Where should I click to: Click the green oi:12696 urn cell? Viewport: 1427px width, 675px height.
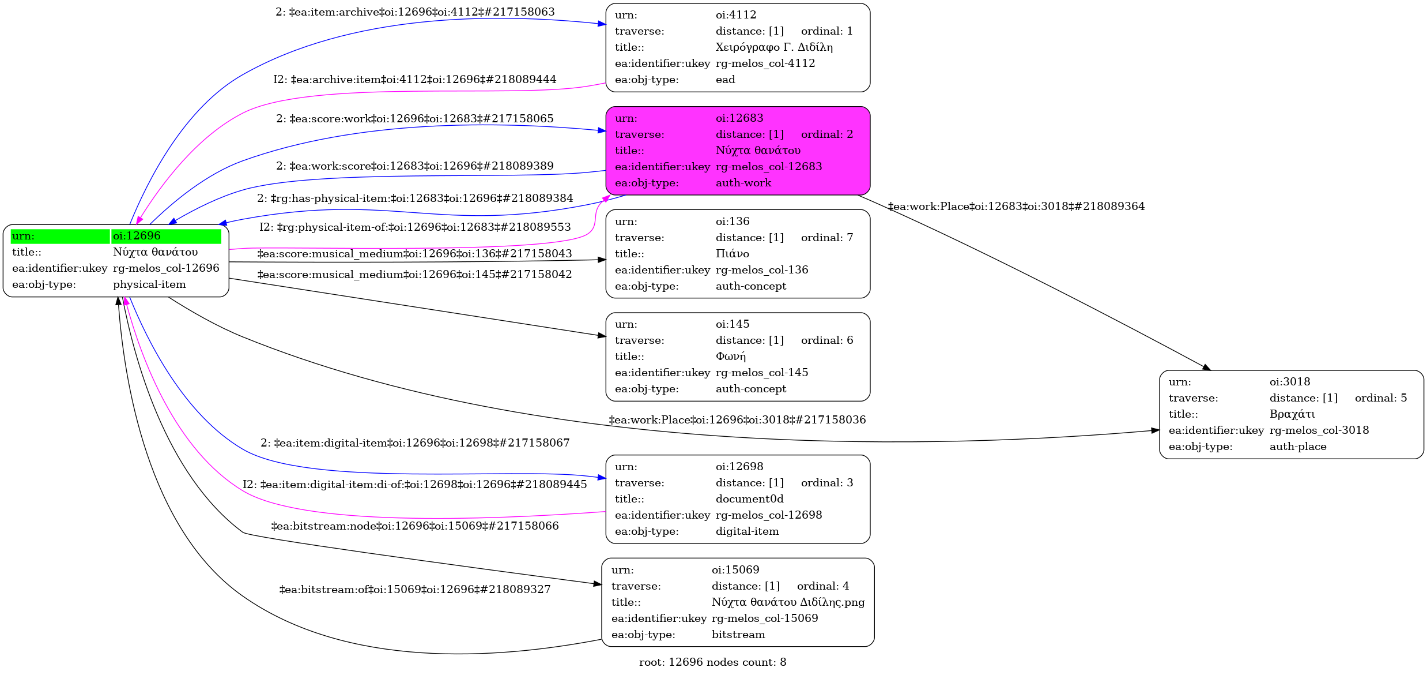pyautogui.click(x=166, y=236)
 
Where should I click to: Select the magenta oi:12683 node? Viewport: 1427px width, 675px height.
pyautogui.click(x=737, y=151)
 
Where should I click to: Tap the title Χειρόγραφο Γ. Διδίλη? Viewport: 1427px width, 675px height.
pyautogui.click(x=773, y=47)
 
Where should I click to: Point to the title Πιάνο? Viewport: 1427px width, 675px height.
pyautogui.click(x=732, y=254)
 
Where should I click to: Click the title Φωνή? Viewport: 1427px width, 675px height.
pyautogui.click(x=730, y=357)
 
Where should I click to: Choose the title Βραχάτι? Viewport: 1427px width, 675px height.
pyautogui.click(x=1292, y=414)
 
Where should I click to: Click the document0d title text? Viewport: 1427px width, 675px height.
pyautogui.click(x=749, y=499)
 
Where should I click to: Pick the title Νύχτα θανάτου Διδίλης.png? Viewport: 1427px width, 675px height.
pyautogui.click(x=787, y=602)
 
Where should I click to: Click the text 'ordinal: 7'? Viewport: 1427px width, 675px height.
pyautogui.click(x=826, y=238)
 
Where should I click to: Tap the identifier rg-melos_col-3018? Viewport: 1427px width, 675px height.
pyautogui.click(x=1319, y=430)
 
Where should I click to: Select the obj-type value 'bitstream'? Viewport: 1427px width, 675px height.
pyautogui.click(x=738, y=635)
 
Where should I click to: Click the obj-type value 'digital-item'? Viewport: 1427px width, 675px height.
pyautogui.click(x=747, y=531)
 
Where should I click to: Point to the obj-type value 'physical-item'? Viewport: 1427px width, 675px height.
pyautogui.click(x=149, y=284)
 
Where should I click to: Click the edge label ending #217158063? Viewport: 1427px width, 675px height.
pyautogui.click(x=415, y=12)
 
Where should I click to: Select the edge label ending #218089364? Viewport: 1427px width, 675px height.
pyautogui.click(x=1016, y=207)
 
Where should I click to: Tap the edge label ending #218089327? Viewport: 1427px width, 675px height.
pyautogui.click(x=415, y=590)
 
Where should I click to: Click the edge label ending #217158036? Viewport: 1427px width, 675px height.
pyautogui.click(x=737, y=420)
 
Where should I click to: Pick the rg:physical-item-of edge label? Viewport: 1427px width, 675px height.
pyautogui.click(x=415, y=227)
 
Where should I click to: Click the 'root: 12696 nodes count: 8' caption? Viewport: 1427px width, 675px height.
pyautogui.click(x=712, y=662)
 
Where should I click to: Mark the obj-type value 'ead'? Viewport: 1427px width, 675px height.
pyautogui.click(x=725, y=80)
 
